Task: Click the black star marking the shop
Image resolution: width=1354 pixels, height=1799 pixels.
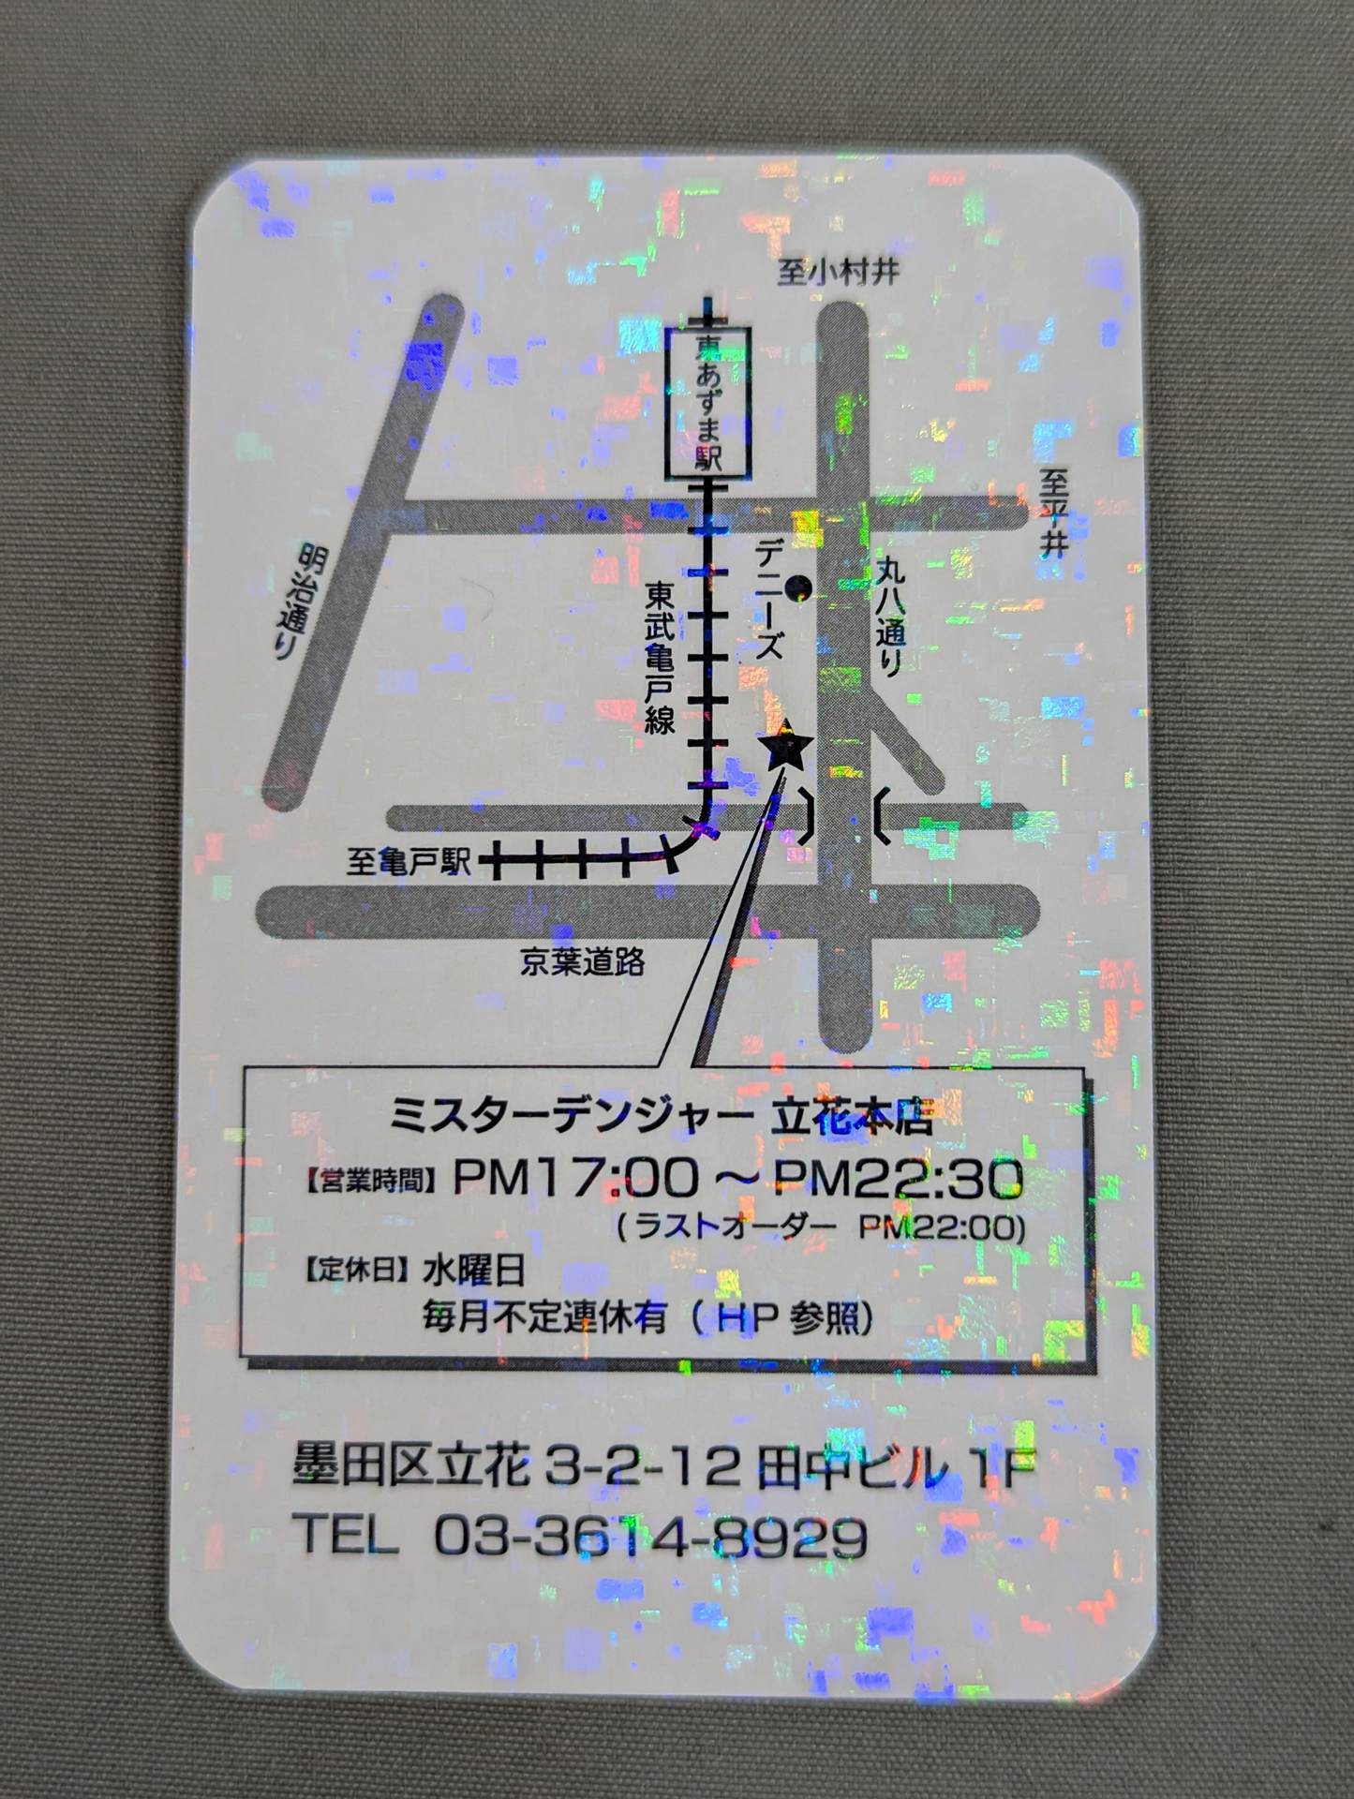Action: click(x=785, y=747)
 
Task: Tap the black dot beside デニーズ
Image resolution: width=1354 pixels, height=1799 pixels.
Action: click(x=799, y=588)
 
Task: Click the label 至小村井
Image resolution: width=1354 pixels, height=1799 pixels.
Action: click(x=839, y=272)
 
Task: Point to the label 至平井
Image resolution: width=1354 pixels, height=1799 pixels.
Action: click(x=1053, y=514)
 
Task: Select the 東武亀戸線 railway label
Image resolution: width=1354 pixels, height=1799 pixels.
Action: click(x=661, y=658)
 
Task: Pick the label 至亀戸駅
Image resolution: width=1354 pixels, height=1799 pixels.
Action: click(x=409, y=861)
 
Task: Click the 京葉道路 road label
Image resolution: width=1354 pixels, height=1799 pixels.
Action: click(x=583, y=961)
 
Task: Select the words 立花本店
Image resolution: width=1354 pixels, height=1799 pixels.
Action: click(x=851, y=1119)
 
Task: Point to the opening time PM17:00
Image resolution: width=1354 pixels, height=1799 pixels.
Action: click(x=576, y=1178)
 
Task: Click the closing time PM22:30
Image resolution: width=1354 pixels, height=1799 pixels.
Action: click(x=898, y=1180)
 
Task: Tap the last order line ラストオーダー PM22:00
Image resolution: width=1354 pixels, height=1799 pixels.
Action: click(x=821, y=1227)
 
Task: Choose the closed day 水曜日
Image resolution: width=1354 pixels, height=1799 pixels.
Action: click(x=473, y=1271)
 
